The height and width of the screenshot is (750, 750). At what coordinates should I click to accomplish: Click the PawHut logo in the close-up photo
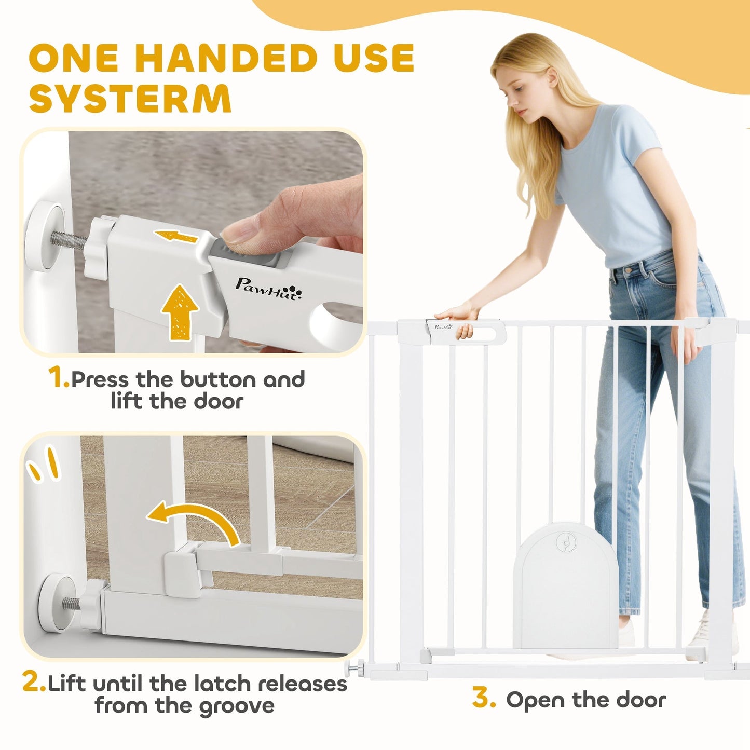[x=268, y=289]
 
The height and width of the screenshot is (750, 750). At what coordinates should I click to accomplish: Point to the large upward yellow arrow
[x=180, y=312]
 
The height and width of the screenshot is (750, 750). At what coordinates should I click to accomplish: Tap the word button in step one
[x=220, y=379]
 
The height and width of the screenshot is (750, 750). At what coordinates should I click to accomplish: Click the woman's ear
[x=552, y=77]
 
